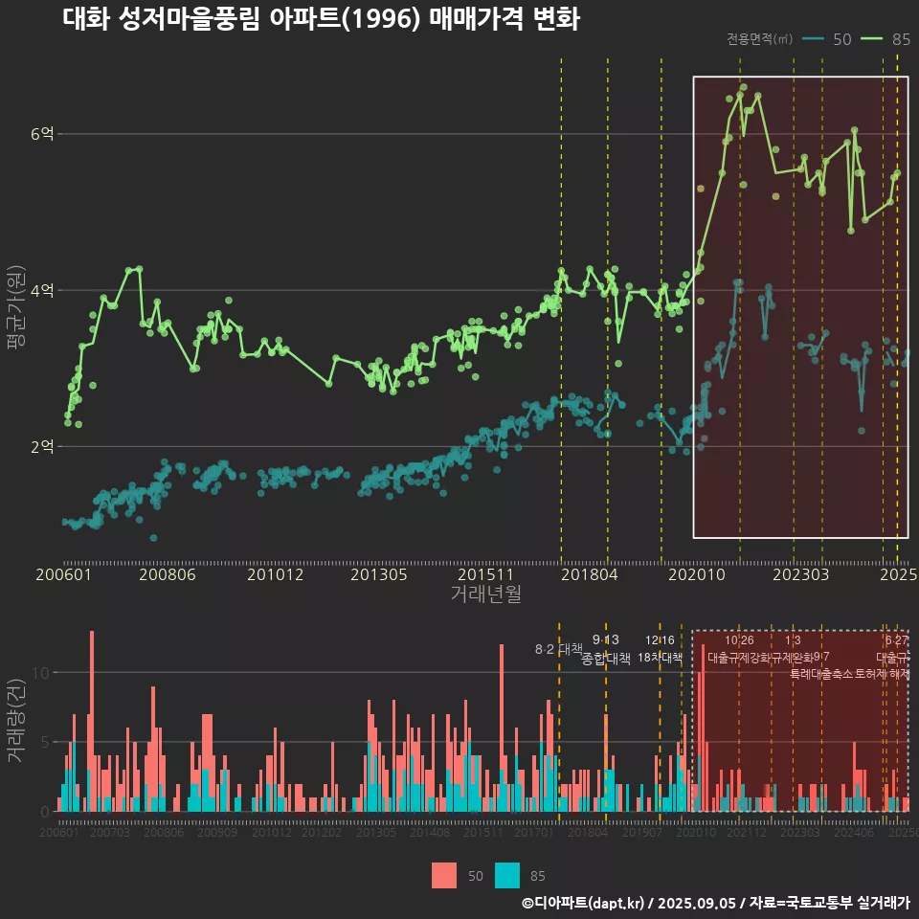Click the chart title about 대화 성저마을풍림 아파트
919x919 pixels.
click(x=321, y=19)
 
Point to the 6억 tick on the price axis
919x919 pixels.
click(x=42, y=134)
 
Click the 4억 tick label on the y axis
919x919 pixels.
click(x=42, y=290)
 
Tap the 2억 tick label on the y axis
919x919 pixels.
click(x=42, y=446)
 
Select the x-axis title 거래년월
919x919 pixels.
click(x=485, y=594)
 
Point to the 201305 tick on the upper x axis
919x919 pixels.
click(x=379, y=574)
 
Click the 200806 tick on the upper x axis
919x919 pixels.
click(x=167, y=574)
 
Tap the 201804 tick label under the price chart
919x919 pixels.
click(x=588, y=574)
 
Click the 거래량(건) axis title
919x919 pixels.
click(x=16, y=720)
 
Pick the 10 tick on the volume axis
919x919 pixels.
click(x=39, y=672)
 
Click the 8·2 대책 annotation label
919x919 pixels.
click(x=558, y=649)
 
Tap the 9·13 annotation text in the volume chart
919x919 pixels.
click(x=606, y=639)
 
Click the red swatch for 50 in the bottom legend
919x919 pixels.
click(x=444, y=875)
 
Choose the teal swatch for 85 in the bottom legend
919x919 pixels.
click(x=507, y=875)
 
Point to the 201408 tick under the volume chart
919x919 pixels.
click(x=429, y=833)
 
